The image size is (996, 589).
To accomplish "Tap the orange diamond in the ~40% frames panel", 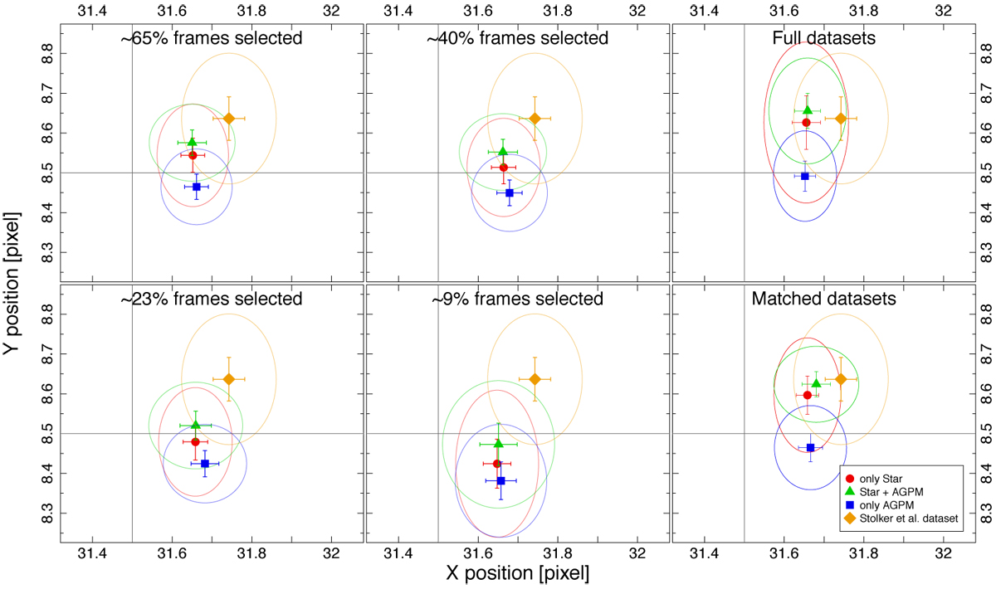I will (535, 118).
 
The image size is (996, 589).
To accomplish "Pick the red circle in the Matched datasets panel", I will (808, 395).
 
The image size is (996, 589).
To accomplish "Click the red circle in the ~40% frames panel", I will (504, 168).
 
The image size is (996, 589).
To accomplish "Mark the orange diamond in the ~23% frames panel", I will (229, 379).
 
